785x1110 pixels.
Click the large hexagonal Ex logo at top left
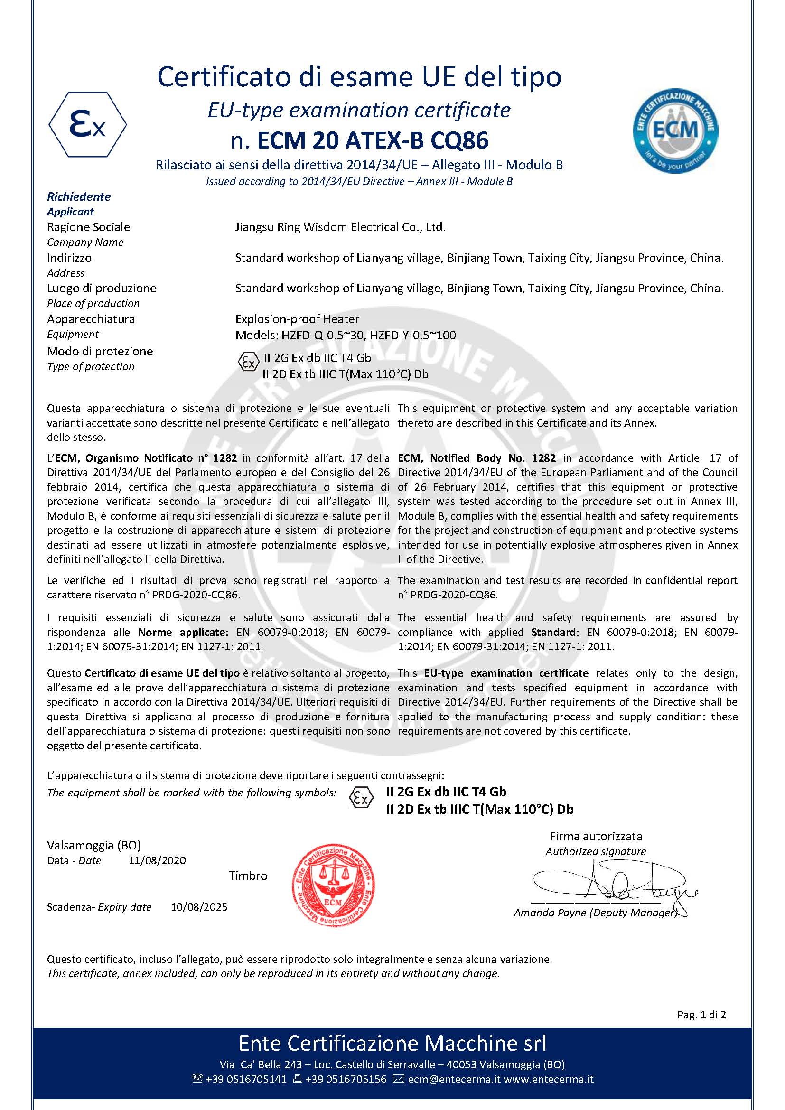point(87,125)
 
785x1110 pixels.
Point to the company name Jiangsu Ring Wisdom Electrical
point(340,227)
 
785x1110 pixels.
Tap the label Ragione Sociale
point(88,227)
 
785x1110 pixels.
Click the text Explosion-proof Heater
point(297,319)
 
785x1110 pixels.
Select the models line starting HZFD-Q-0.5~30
point(346,335)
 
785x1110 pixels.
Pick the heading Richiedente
point(79,197)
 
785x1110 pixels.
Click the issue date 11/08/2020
point(157,860)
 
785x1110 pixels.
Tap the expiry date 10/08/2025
point(199,907)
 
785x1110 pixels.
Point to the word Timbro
point(248,876)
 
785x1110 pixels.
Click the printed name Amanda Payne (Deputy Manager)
point(595,913)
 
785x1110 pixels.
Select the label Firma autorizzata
point(596,836)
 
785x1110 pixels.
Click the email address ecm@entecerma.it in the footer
point(453,1079)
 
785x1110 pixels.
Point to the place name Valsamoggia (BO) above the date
point(94,845)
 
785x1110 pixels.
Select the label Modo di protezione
point(100,352)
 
